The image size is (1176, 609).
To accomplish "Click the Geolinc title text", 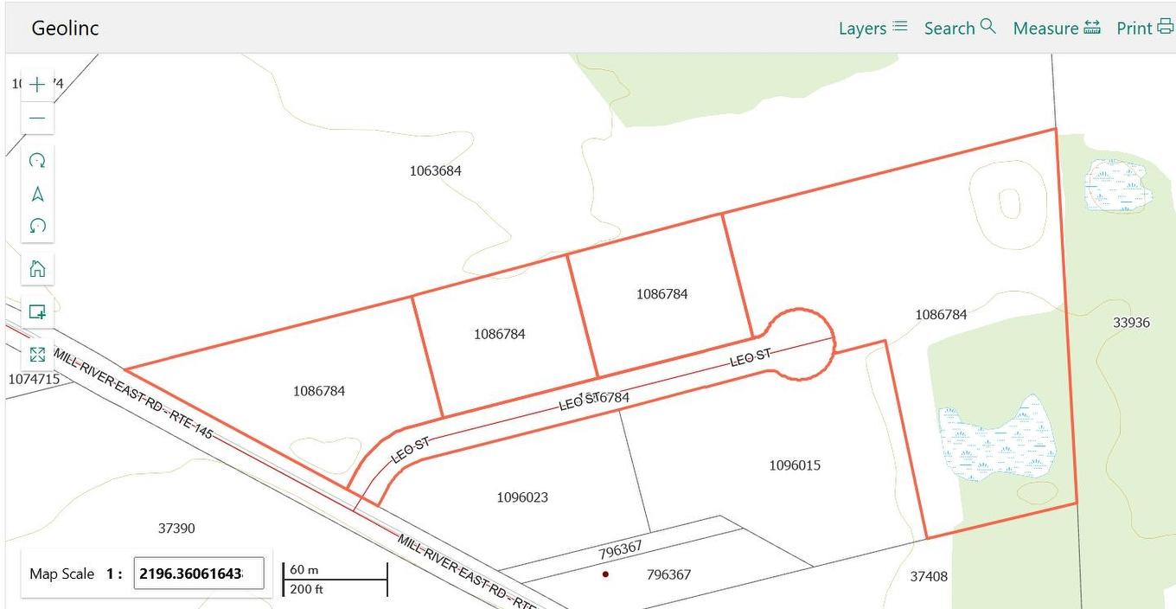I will click(65, 28).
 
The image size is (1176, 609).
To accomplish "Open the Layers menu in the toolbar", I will click(872, 28).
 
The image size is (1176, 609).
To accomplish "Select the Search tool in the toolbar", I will click(960, 28).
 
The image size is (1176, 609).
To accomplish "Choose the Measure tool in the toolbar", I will click(1057, 28).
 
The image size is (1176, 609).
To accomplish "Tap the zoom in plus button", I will click(37, 85).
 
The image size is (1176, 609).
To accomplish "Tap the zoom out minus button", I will click(37, 118).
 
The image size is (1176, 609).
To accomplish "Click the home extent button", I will click(37, 268).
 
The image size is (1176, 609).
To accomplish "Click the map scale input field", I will click(198, 574).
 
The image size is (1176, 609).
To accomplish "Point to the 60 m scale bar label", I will click(304, 569).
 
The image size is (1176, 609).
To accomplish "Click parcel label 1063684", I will click(435, 170).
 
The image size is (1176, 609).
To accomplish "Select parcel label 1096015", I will click(795, 465).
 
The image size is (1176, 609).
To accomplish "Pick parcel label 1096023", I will click(522, 497).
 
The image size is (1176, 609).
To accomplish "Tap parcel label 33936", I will click(1131, 322).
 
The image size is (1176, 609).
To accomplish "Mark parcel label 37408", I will click(929, 575).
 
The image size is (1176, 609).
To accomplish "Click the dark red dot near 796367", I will click(605, 574).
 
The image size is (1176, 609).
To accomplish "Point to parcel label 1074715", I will click(34, 379).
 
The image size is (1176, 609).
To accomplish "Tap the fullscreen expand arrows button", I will click(37, 355).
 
